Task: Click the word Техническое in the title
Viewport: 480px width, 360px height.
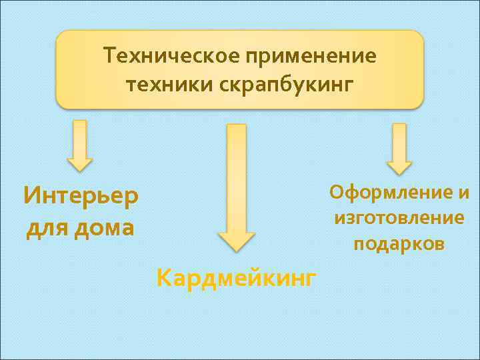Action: tap(172, 57)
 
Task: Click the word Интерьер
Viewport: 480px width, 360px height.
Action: tap(81, 197)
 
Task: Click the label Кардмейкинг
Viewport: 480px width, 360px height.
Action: tap(236, 277)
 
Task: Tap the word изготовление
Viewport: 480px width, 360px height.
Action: tap(399, 218)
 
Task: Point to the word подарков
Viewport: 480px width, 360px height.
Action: tap(399, 244)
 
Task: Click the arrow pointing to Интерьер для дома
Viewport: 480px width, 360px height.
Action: tap(79, 145)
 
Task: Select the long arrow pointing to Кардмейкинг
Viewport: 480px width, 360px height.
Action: tap(236, 187)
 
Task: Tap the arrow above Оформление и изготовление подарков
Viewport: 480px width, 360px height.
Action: tap(399, 148)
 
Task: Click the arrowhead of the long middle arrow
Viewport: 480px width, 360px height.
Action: tap(236, 241)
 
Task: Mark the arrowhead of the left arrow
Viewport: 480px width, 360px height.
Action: tap(79, 163)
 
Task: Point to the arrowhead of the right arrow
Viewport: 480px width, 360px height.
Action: tap(399, 166)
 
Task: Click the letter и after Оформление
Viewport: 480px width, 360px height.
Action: tap(464, 193)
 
